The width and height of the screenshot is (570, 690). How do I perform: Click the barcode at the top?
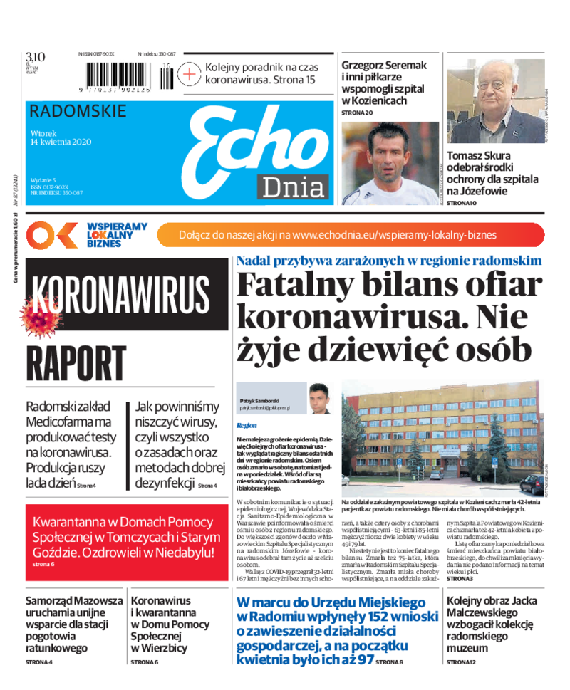128,75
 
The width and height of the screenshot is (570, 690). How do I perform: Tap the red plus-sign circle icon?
190,74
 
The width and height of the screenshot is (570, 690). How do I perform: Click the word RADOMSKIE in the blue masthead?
78,111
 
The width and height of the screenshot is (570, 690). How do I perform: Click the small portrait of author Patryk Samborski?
318,399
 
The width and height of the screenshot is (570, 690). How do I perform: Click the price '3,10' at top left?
35,57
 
